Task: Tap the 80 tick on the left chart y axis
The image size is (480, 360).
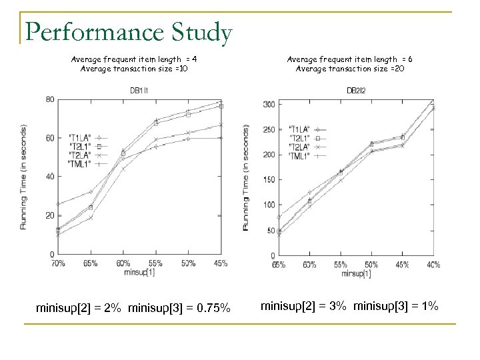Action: click(49, 100)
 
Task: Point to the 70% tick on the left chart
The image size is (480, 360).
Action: click(59, 263)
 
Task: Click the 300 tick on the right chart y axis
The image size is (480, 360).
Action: click(268, 105)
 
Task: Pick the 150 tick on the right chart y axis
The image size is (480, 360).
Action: click(268, 180)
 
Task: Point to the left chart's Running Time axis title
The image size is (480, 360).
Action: click(25, 177)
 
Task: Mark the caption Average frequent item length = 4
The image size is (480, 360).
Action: click(133, 59)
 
